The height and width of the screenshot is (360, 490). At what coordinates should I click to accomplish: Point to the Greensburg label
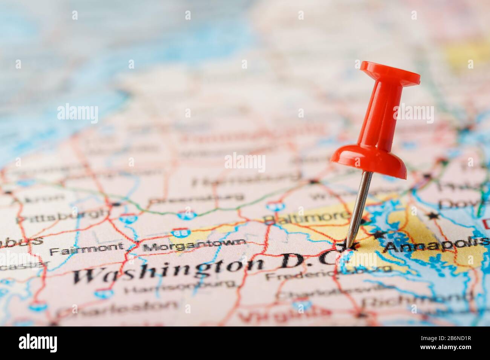[x=196, y=198]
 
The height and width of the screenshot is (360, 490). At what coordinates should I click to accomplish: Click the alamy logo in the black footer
[x=38, y=343]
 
